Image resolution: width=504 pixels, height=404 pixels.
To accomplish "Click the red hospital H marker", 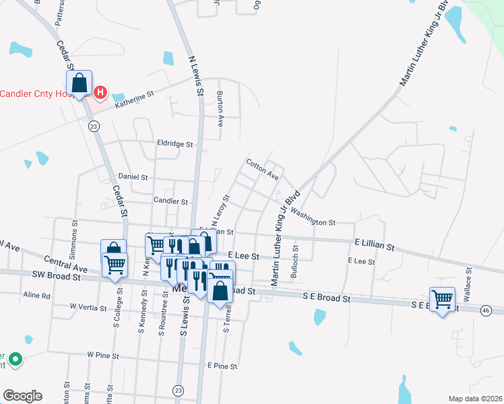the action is (x=100, y=92).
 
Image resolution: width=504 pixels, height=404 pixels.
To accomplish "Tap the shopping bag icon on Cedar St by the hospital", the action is (x=80, y=83).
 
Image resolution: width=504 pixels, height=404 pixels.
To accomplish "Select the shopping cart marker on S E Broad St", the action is (x=443, y=299).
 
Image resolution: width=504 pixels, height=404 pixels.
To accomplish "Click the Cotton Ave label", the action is (x=262, y=170).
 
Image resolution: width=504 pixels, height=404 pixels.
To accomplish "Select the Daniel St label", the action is (x=133, y=177).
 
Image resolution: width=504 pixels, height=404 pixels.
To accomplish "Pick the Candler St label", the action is (x=170, y=201).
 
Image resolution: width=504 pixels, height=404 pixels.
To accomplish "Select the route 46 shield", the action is (x=485, y=310).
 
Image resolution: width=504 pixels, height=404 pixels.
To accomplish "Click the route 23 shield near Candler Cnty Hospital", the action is (x=94, y=126).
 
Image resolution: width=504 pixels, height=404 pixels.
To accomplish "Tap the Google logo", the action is (x=22, y=396).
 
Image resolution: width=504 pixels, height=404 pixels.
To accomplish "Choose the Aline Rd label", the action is (x=37, y=295).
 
